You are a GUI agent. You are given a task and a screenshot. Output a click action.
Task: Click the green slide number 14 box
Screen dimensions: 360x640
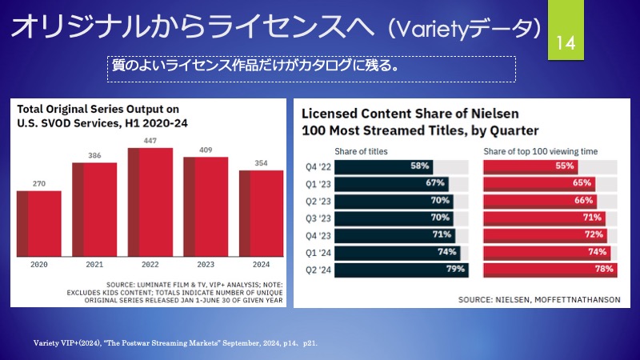click(x=566, y=41)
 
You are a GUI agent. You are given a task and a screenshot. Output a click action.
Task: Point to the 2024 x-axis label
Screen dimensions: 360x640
click(x=261, y=263)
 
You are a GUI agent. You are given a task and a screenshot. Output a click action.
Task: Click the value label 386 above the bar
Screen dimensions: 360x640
click(x=94, y=155)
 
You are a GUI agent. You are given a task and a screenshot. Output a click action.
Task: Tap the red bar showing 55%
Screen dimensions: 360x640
click(x=530, y=167)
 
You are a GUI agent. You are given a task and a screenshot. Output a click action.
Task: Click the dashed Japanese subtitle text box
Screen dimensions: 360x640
click(x=311, y=67)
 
